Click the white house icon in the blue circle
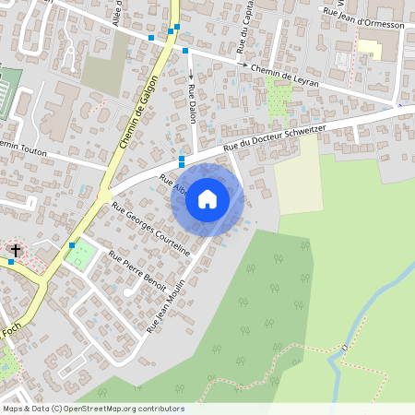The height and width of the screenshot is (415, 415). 207,198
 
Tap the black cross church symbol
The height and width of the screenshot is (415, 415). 15,250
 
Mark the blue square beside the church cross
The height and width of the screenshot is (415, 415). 11,262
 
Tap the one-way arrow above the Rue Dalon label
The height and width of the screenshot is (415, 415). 192,74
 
